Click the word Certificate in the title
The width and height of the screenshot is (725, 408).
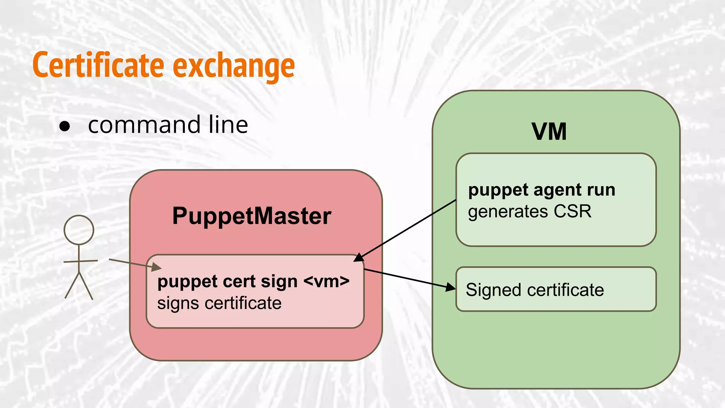click(x=98, y=65)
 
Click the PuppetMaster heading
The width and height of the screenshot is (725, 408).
click(x=251, y=216)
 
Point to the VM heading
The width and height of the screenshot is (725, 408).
click(x=549, y=132)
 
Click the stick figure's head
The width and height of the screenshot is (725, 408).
click(x=79, y=230)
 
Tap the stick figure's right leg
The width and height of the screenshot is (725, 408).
click(x=86, y=286)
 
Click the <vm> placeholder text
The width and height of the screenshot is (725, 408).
click(x=326, y=282)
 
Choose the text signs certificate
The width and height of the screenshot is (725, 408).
click(x=219, y=304)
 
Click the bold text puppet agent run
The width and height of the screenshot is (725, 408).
click(x=541, y=190)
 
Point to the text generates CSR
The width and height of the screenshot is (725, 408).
click(x=529, y=212)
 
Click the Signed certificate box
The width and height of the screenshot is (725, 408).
click(x=556, y=289)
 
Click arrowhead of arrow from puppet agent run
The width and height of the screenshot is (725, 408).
click(x=358, y=258)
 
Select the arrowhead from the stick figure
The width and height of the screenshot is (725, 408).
click(x=156, y=267)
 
